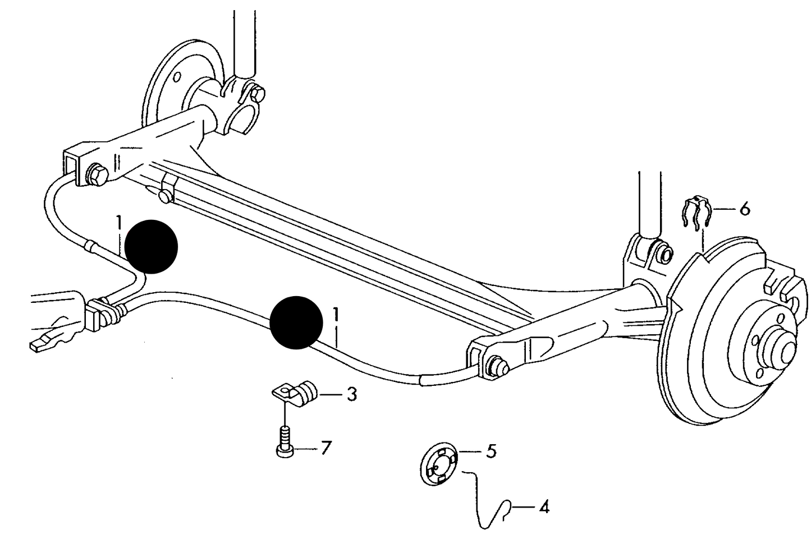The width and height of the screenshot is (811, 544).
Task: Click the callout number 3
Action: [x=352, y=395]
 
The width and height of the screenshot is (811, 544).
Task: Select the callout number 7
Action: [x=326, y=449]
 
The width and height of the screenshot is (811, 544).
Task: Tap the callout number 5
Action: [x=491, y=451]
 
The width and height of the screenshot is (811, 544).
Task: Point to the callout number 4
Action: [x=544, y=507]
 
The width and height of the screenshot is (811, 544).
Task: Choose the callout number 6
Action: [x=744, y=209]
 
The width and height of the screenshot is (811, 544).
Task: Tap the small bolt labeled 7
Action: [x=286, y=442]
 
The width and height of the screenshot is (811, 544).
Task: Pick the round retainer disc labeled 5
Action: [x=439, y=463]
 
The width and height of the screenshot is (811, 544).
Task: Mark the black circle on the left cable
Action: [x=151, y=247]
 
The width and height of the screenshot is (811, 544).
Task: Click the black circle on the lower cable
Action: [x=296, y=322]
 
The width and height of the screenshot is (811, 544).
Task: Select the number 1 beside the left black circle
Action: [x=119, y=223]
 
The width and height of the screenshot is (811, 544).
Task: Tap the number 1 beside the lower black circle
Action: [x=336, y=315]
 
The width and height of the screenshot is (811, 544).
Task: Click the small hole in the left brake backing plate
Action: [x=177, y=77]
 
